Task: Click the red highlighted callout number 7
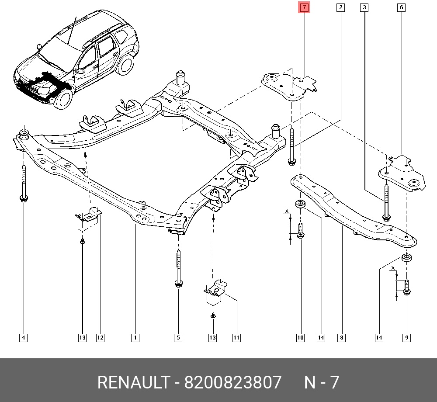click(304, 7)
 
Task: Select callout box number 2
click(340, 7)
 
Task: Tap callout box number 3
click(364, 7)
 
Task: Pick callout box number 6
click(401, 7)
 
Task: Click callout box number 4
click(24, 338)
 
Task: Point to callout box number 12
click(101, 338)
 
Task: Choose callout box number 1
click(135, 338)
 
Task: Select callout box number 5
click(178, 338)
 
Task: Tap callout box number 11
click(236, 338)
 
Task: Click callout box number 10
click(301, 338)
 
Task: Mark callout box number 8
click(341, 338)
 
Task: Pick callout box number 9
click(406, 338)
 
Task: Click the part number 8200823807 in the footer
click(233, 382)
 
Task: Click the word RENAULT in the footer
click(134, 382)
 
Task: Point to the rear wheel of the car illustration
click(125, 65)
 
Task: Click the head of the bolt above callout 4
click(24, 198)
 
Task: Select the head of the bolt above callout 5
click(178, 284)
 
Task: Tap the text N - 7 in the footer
click(321, 382)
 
